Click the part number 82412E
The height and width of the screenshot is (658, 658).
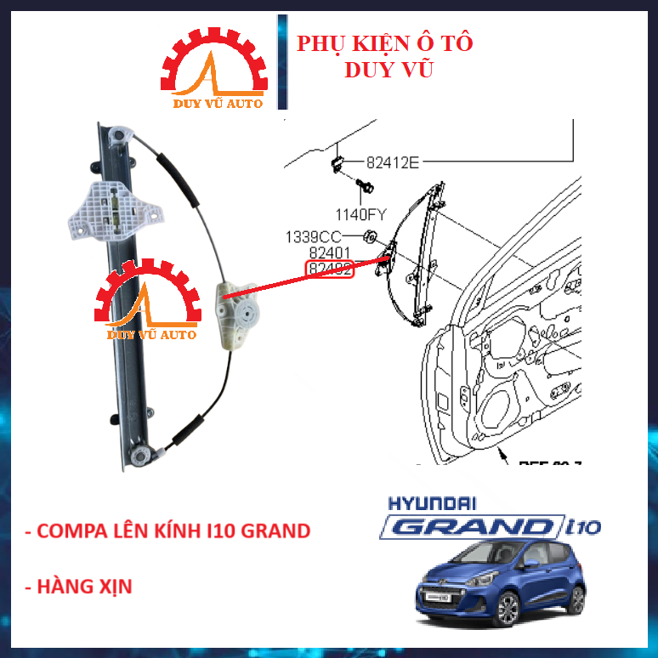393,162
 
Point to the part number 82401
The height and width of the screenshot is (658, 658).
330,253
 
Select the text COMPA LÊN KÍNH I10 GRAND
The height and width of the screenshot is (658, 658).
167,531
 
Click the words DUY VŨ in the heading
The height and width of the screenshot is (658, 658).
389,70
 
